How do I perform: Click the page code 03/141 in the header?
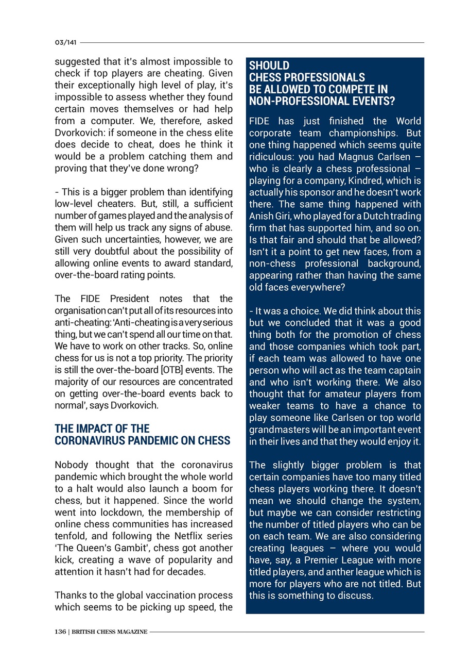point(65,42)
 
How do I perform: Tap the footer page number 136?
point(60,632)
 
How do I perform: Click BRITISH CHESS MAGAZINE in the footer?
point(110,632)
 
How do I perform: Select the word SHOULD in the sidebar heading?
point(269,65)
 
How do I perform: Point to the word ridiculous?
point(271,157)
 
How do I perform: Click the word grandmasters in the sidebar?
point(276,430)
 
